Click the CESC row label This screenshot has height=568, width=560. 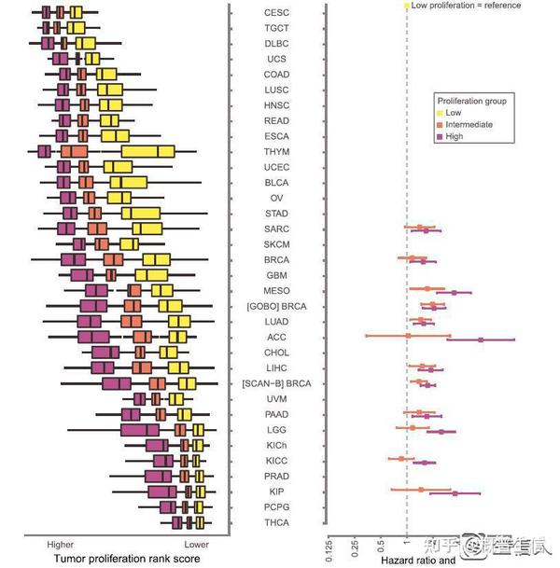coord(276,13)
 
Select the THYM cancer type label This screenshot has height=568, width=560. coord(276,152)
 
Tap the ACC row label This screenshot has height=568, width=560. coord(276,337)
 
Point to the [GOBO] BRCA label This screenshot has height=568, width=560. coord(276,306)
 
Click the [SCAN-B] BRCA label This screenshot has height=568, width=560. coord(276,383)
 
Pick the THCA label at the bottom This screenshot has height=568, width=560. coord(276,522)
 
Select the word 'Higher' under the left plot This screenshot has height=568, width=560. coord(61,543)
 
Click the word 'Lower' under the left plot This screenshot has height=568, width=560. coord(196,543)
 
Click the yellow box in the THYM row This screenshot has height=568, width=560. coord(147,152)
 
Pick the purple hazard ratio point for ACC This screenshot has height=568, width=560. coord(481,340)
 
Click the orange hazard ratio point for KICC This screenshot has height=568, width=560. coord(402,459)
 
